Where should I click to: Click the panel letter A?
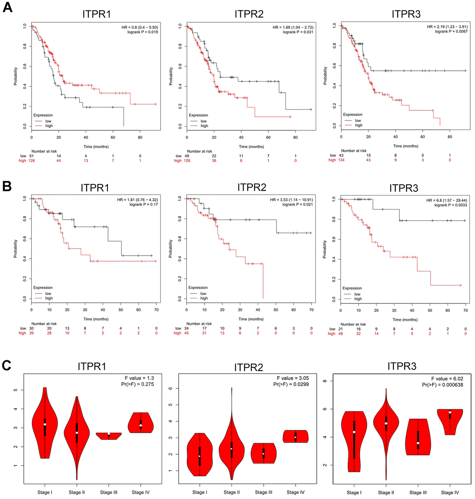[x=7, y=9]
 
